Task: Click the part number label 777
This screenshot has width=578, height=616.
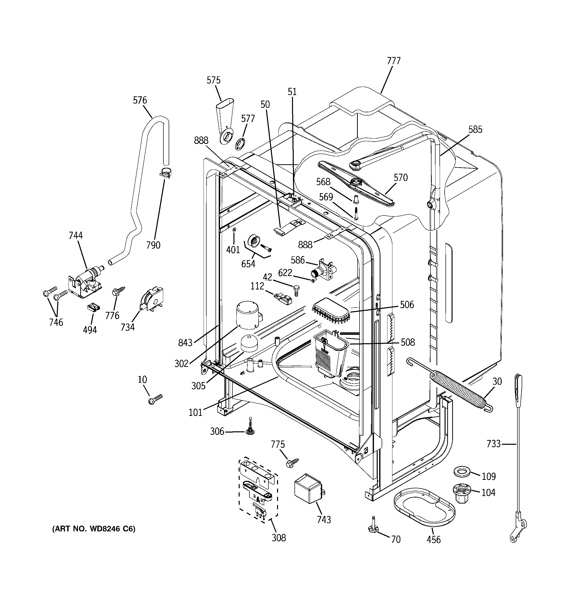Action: coord(393,61)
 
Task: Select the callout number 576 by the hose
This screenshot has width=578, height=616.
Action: coord(140,100)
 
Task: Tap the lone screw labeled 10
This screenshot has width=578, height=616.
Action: coord(155,399)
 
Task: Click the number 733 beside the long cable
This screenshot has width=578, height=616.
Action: coord(493,444)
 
